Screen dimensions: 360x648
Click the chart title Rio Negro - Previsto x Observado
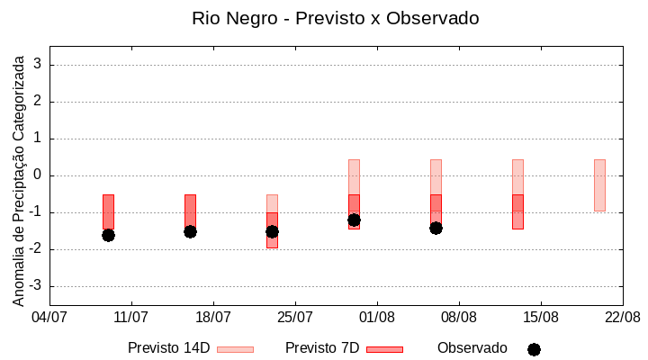coord(335,18)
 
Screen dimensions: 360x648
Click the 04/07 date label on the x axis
coord(49,317)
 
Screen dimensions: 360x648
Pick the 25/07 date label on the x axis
coord(294,317)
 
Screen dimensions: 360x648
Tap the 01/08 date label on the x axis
coord(376,317)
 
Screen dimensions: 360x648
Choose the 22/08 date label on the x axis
coord(622,317)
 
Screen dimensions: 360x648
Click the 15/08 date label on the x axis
coord(540,317)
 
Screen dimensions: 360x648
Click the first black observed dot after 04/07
coord(108,235)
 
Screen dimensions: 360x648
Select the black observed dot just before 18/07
coord(190,231)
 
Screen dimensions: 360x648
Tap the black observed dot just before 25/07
coord(272,231)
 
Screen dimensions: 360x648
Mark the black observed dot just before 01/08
coord(354,220)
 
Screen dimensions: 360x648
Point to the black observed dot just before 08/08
coord(436,228)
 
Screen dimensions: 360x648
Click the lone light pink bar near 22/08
coord(599,184)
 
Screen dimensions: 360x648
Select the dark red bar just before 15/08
coord(517,211)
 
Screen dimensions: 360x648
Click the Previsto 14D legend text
coord(168,348)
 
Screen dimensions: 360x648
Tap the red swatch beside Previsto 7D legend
coord(384,349)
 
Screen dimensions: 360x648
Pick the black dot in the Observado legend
coord(534,349)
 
